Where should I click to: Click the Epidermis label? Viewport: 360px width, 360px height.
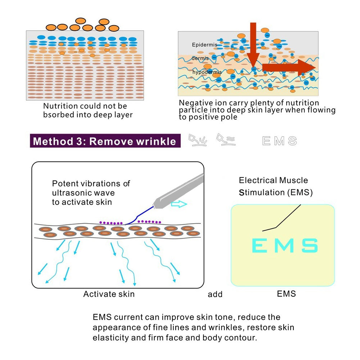coord(204,45)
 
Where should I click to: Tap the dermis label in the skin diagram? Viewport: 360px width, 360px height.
coord(200,58)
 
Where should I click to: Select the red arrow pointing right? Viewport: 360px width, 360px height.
coord(288,68)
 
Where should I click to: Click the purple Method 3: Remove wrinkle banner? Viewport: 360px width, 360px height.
coord(104,141)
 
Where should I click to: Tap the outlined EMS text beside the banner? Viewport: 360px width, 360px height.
coord(280,141)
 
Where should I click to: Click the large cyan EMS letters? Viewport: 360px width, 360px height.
coord(284,246)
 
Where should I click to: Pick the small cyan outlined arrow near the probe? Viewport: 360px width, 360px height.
coord(179,204)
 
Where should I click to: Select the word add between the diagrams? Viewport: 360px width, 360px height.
coord(215,294)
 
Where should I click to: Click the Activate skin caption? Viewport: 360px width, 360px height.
coord(109,294)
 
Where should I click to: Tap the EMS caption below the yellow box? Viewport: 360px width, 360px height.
coord(286,294)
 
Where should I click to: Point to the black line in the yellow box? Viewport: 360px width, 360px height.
coord(284,219)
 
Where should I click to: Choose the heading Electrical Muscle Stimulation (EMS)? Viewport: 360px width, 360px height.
coord(275,186)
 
